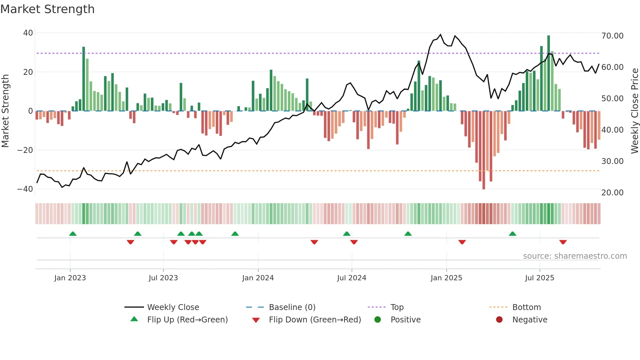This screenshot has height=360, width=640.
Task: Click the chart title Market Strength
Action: click(47, 9)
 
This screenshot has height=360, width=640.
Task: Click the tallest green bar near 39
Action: click(549, 74)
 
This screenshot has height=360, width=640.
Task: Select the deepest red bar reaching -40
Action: click(484, 150)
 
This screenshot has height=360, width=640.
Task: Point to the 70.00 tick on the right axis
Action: click(612, 36)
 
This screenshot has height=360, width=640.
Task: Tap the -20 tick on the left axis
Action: click(25, 150)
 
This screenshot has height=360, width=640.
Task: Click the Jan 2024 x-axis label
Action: click(258, 278)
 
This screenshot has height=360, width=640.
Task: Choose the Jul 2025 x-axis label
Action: click(539, 278)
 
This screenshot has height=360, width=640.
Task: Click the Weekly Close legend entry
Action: click(173, 307)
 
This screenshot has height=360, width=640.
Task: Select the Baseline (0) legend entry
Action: click(292, 307)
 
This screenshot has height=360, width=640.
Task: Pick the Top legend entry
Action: click(397, 307)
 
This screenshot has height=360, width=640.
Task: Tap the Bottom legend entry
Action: click(526, 307)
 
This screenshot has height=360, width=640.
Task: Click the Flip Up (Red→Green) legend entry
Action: click(187, 320)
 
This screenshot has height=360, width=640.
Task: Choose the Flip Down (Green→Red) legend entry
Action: click(315, 320)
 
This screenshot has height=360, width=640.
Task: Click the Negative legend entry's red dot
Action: click(499, 320)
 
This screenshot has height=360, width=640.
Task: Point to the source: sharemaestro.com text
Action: click(575, 256)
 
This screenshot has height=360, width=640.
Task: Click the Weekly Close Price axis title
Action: click(634, 111)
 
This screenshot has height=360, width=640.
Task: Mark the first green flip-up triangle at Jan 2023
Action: click(73, 234)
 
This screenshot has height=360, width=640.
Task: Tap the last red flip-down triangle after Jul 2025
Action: click(563, 242)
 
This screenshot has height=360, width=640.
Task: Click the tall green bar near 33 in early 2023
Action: click(84, 78)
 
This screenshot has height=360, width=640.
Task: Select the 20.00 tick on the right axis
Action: click(612, 193)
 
